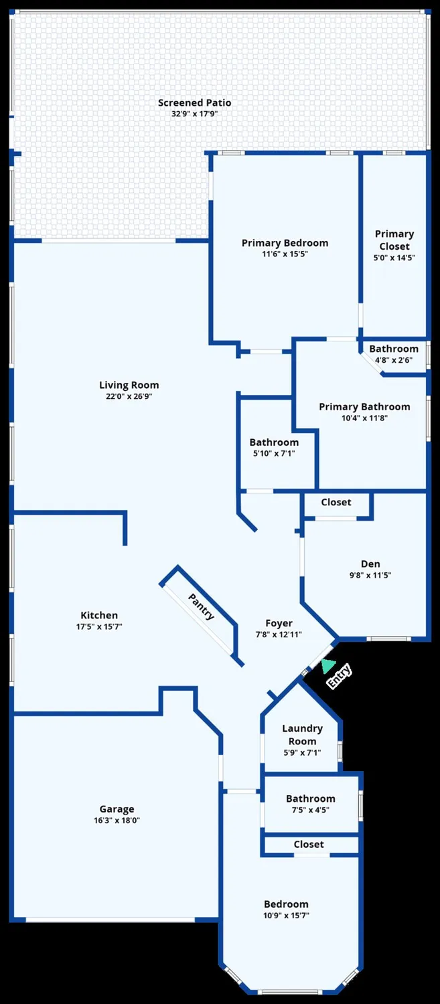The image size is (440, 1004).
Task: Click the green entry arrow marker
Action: [327, 665]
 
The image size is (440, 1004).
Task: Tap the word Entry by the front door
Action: [339, 677]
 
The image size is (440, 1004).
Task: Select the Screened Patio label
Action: [194, 102]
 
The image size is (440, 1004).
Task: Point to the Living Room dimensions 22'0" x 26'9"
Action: [129, 396]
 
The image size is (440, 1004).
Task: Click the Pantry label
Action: [201, 606]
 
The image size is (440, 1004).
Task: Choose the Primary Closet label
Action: [394, 240]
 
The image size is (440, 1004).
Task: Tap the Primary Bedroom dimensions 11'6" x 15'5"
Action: [285, 254]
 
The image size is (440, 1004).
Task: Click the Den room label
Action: [370, 564]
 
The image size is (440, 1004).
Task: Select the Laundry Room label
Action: [302, 734]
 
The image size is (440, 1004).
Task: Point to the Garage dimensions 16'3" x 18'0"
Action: [117, 820]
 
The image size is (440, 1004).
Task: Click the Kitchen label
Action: [99, 615]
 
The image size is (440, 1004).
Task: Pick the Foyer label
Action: [279, 623]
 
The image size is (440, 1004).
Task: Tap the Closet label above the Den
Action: [336, 502]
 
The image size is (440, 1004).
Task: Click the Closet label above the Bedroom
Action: [309, 845]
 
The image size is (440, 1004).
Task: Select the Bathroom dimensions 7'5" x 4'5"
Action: [310, 810]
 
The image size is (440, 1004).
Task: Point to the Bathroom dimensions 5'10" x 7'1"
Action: [274, 453]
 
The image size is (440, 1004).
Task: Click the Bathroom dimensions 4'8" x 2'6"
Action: [394, 359]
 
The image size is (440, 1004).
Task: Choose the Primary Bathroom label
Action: [364, 407]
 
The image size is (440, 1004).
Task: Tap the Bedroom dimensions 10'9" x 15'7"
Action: [286, 915]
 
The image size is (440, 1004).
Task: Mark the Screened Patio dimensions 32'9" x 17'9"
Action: [194, 114]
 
